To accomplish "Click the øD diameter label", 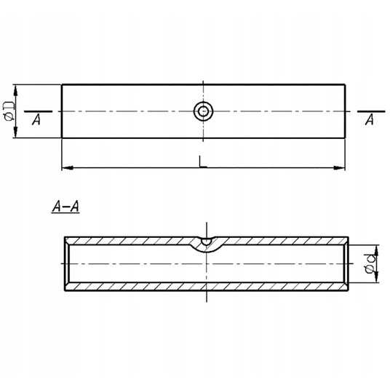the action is click(9, 111).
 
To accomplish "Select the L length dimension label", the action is click(202, 162).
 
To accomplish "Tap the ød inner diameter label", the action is click(370, 263).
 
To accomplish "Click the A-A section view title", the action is click(65, 207).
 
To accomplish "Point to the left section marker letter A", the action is click(36, 119).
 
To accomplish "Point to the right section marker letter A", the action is click(370, 119).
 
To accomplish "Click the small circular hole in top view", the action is click(204, 111).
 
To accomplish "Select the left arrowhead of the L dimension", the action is click(67, 168).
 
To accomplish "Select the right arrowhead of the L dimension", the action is click(340, 168).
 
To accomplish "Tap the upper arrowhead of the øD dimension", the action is click(16, 90).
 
